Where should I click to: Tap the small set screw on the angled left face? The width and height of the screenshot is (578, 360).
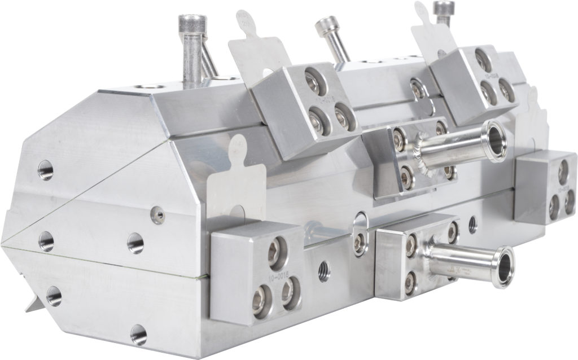pos(159,214)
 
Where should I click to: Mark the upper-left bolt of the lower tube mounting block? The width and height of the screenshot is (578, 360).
pos(410,244)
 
